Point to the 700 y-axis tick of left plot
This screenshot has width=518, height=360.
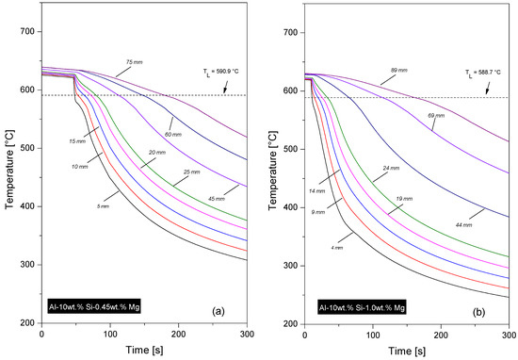(x=28, y=32)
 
